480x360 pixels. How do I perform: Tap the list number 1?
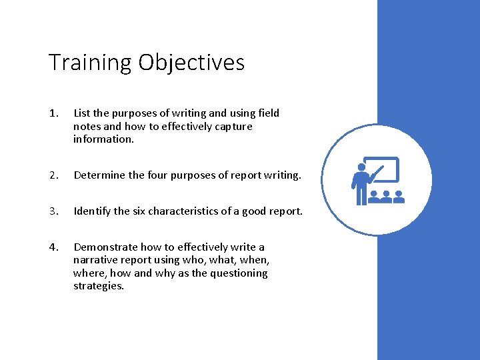tap(53, 113)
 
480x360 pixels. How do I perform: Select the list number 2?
tap(53, 175)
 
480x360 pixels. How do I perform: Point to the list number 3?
tap(53, 211)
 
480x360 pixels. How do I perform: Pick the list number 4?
tap(53, 247)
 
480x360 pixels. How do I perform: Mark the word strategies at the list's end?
tap(99, 286)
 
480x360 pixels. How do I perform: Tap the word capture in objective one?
tap(234, 127)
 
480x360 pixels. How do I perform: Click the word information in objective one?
tap(103, 139)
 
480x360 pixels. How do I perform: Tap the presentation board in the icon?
tap(383, 169)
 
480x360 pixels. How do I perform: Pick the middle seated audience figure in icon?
tap(385, 197)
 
